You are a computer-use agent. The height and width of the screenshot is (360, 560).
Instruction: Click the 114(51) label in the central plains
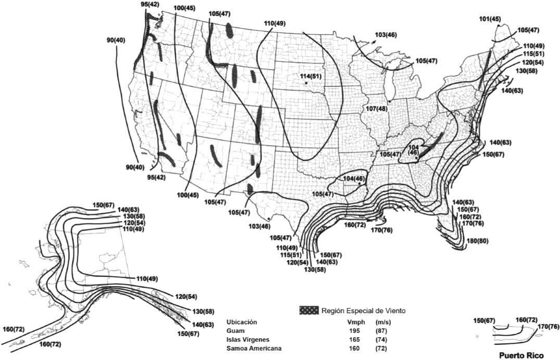click(311, 76)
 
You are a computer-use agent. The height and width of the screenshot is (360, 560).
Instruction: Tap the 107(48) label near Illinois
click(376, 109)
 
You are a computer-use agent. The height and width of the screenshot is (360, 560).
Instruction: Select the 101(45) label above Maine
click(490, 19)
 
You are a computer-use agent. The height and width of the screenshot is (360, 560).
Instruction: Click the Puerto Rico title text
click(520, 356)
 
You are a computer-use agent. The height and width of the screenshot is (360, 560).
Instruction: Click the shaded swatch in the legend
click(309, 311)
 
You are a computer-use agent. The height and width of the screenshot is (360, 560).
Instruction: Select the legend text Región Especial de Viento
click(363, 311)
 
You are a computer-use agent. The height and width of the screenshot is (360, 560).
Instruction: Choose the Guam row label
click(236, 330)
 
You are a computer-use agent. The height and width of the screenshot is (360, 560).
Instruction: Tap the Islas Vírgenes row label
click(247, 339)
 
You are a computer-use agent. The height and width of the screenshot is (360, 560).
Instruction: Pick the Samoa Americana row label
click(254, 348)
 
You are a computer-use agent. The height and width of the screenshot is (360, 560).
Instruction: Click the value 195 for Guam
click(354, 330)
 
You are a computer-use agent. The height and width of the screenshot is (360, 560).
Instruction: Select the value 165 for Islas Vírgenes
click(354, 339)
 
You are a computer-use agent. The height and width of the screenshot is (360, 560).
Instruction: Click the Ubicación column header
click(242, 322)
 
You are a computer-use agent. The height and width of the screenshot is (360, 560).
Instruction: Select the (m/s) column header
click(383, 322)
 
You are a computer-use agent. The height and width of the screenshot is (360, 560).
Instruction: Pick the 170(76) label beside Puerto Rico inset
click(549, 326)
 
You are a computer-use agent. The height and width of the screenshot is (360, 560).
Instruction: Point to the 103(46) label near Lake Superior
click(386, 35)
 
